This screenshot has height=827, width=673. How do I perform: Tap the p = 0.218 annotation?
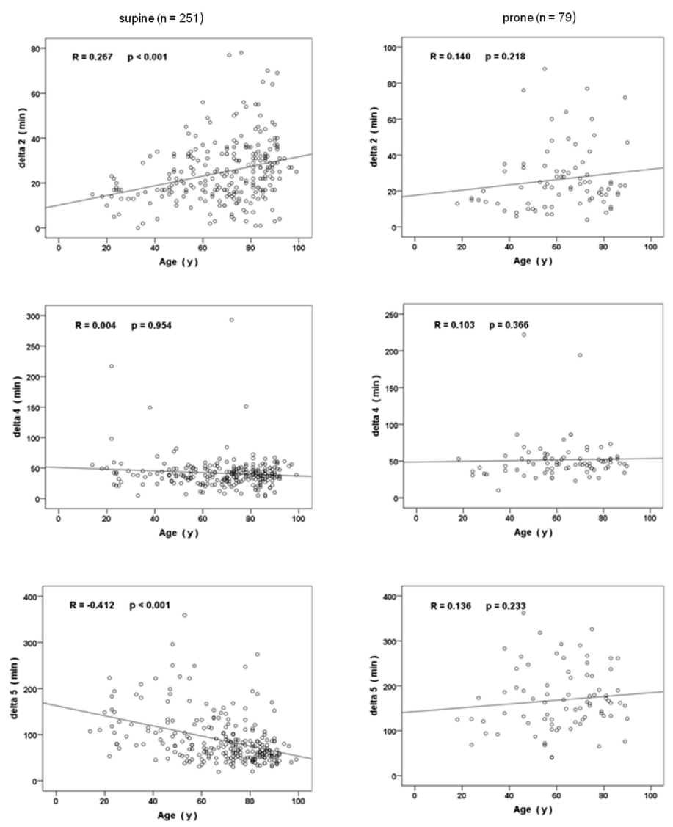tap(505, 57)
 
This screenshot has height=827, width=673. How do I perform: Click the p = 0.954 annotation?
tap(151, 325)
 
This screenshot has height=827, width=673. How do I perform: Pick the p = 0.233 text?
tap(506, 606)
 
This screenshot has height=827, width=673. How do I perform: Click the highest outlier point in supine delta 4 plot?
tap(231, 320)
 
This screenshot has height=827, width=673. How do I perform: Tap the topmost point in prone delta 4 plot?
tap(524, 335)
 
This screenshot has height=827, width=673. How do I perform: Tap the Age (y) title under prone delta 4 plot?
tap(532, 533)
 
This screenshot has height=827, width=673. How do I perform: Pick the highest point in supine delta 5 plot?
tap(184, 615)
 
